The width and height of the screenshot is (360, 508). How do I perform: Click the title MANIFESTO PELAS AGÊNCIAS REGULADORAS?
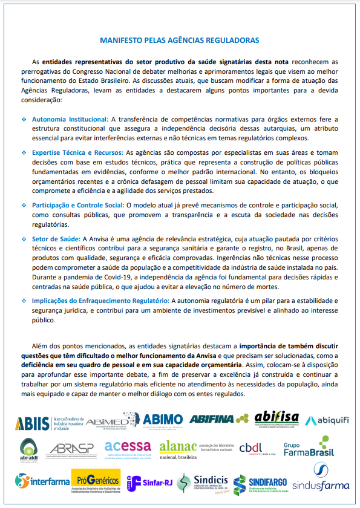[x=180, y=41]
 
